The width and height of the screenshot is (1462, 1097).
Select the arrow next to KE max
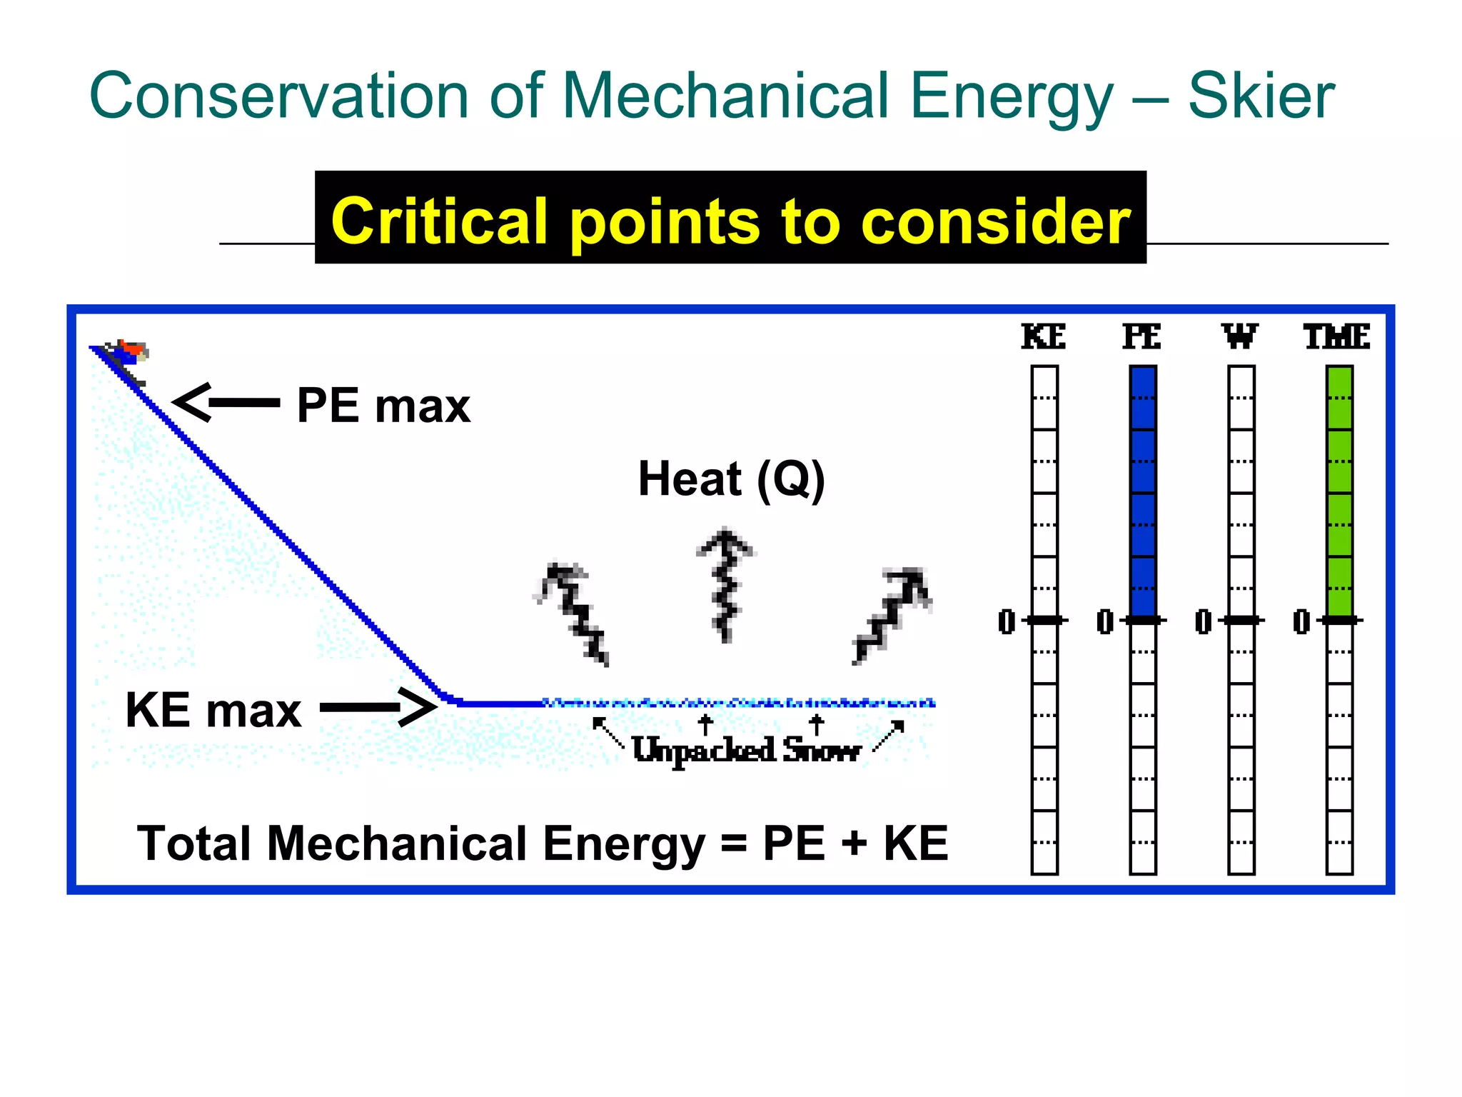[x=378, y=707]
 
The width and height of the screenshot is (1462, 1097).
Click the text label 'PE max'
[x=383, y=406]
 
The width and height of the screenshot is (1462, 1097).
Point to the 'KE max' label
[x=213, y=711]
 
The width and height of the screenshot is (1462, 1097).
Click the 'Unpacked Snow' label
[x=746, y=750]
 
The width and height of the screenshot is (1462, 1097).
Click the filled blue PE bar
[x=1142, y=492]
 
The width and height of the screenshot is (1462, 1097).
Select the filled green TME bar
[x=1339, y=492]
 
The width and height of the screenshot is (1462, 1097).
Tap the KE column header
[x=1044, y=337]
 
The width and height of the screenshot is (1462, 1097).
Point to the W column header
[x=1240, y=337]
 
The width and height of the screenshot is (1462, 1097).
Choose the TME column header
[x=1337, y=337]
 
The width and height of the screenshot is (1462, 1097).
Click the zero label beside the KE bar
[x=1007, y=621]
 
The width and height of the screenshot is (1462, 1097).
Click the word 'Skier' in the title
[x=1261, y=96]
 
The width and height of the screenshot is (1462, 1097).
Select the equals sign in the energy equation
[x=734, y=844]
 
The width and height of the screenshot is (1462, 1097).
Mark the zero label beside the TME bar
[x=1301, y=621]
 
